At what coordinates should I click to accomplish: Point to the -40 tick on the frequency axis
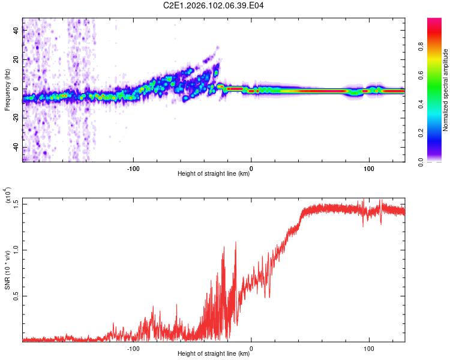coord(15,147)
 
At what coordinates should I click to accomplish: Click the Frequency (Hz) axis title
coord(7,89)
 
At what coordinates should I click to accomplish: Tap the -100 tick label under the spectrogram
coord(134,167)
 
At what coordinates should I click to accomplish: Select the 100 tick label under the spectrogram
coord(369,167)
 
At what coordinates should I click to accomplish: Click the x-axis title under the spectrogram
coord(214,174)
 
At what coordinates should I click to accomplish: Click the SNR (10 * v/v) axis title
coord(8,270)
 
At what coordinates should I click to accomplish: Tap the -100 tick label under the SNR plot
coord(134,347)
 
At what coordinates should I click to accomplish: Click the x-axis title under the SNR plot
coord(214,354)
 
